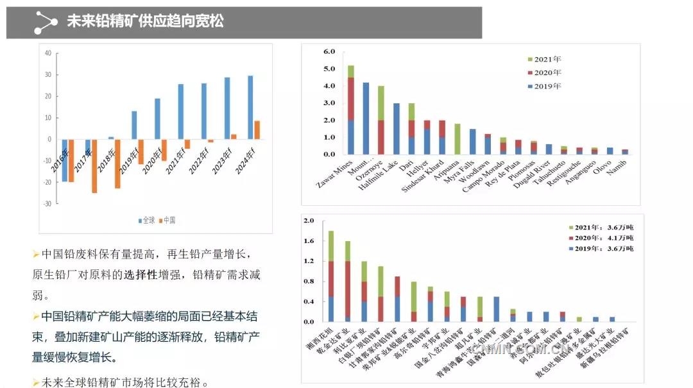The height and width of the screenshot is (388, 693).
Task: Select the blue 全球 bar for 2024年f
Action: tap(250, 108)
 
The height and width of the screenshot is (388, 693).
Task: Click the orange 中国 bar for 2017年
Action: tap(94, 165)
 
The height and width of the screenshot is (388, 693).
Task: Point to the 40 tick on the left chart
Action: tap(48, 53)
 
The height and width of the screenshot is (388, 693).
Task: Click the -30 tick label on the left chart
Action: tap(47, 203)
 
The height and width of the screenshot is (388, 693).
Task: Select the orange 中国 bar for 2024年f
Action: tap(257, 130)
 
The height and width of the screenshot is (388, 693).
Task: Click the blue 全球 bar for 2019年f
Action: tap(134, 125)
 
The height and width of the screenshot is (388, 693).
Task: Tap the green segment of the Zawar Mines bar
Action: tap(351, 71)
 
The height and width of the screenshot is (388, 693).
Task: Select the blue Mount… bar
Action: tap(366, 118)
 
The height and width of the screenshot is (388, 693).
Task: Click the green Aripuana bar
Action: tap(457, 139)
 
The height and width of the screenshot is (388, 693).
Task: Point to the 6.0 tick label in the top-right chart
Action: tap(329, 51)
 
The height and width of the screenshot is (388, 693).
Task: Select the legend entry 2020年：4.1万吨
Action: tap(600, 238)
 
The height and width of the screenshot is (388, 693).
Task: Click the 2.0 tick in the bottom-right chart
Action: tap(309, 221)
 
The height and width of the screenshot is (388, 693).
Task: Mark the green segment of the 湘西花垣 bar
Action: tap(331, 246)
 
